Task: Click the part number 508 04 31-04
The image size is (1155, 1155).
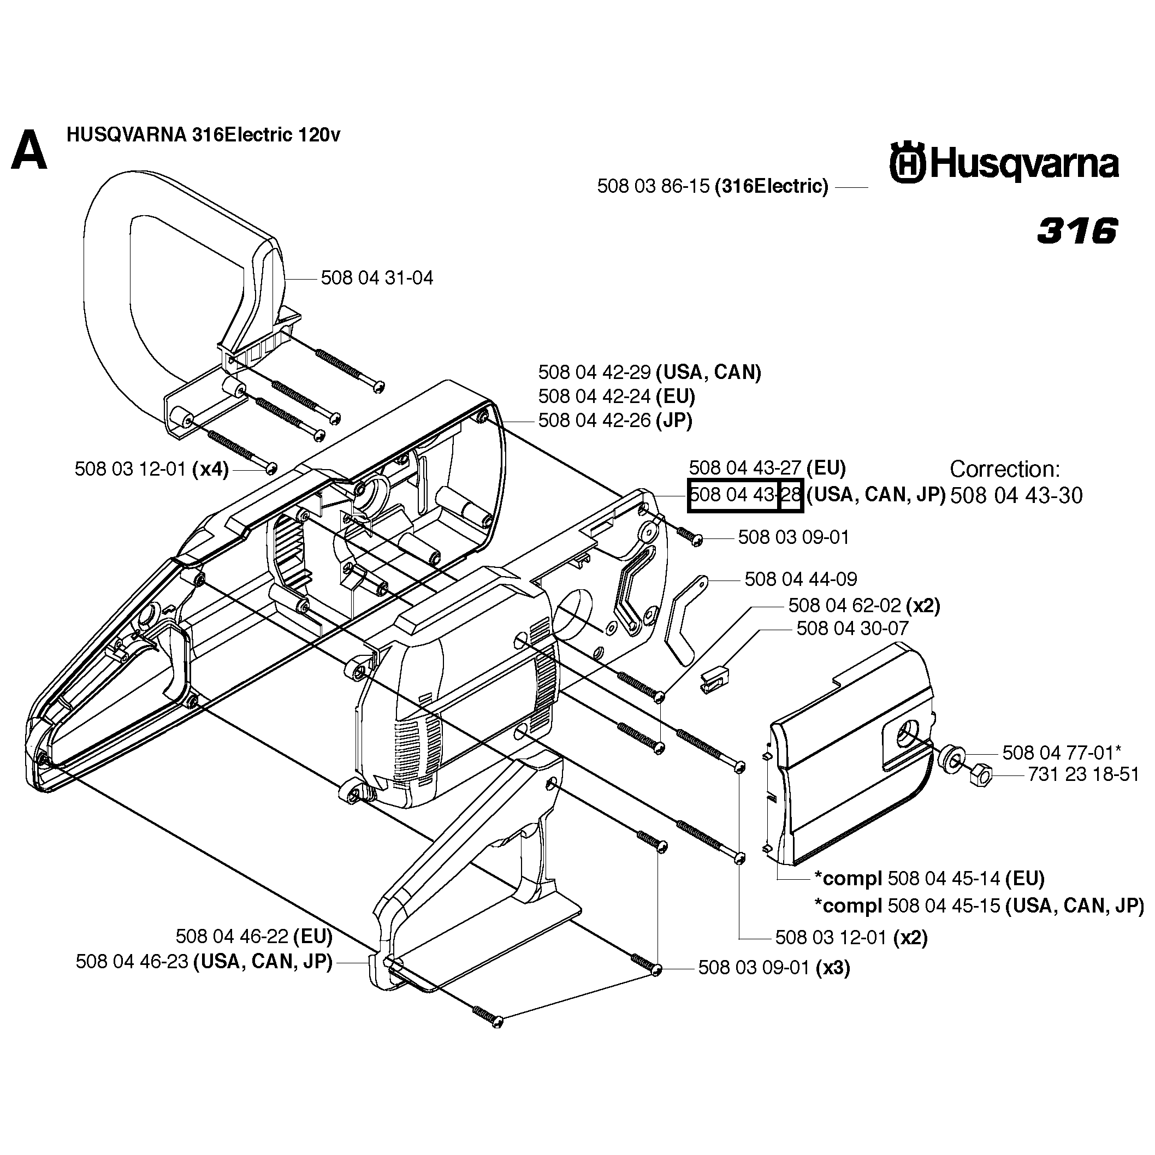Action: (x=377, y=278)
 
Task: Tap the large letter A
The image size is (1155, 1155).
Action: (x=29, y=152)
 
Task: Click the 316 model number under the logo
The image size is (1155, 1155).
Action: (x=1077, y=231)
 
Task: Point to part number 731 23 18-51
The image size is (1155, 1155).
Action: (x=1083, y=774)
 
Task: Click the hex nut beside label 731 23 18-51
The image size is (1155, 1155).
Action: (x=978, y=777)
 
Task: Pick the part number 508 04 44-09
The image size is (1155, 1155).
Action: (x=801, y=579)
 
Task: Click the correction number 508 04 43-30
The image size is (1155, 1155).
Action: (x=1016, y=496)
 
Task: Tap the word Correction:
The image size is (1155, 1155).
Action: (x=1004, y=469)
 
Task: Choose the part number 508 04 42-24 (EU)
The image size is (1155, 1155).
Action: (x=617, y=396)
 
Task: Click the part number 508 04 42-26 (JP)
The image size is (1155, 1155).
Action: (x=614, y=421)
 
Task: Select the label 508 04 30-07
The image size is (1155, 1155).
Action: (x=852, y=629)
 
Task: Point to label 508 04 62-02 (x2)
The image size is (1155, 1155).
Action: (x=864, y=606)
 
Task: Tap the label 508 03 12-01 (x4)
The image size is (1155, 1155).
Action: (x=151, y=469)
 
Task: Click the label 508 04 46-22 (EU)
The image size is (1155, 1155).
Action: (x=253, y=935)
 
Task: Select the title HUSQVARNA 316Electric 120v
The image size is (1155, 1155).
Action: (x=203, y=135)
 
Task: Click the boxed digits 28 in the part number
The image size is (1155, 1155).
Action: (x=791, y=496)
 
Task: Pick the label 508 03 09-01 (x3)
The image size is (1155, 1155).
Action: (x=774, y=967)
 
